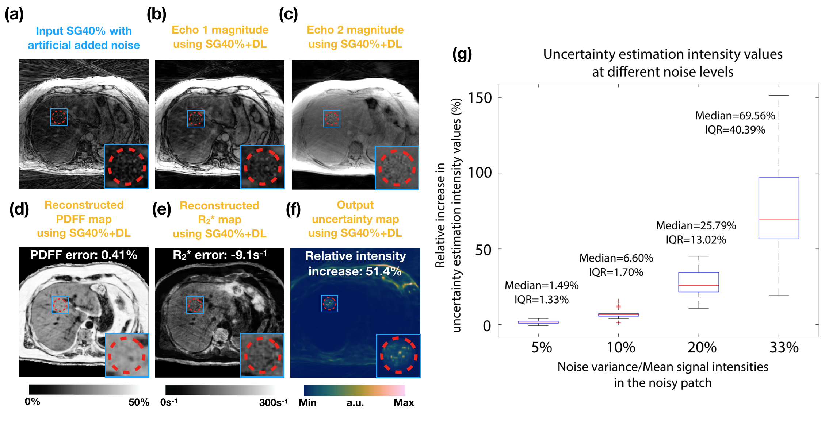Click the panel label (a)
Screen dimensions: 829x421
click(14, 15)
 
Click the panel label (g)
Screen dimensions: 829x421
click(462, 54)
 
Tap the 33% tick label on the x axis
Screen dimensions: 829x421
click(784, 347)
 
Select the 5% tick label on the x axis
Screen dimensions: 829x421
click(541, 347)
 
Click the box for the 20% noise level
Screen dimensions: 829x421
click(698, 282)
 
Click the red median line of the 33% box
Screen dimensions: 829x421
click(779, 219)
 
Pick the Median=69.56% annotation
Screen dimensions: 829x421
click(735, 116)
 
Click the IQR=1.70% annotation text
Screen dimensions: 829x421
click(616, 272)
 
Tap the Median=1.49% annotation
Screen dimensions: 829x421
click(541, 285)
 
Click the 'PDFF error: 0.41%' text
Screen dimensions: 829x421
click(84, 255)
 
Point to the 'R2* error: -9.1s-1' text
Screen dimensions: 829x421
click(219, 255)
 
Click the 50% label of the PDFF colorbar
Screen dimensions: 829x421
click(139, 402)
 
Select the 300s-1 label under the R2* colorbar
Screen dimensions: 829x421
click(273, 402)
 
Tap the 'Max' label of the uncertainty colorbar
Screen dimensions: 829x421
click(404, 402)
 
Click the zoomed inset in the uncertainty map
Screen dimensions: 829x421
click(398, 356)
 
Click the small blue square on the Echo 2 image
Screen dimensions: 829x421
click(332, 119)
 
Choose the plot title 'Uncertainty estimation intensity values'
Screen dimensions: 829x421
click(662, 54)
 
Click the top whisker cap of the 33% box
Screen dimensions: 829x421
click(779, 95)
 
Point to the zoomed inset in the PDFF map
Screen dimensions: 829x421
click(127, 355)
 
